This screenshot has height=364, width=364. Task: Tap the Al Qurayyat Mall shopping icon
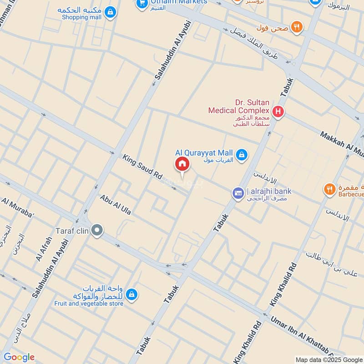click(x=243, y=155)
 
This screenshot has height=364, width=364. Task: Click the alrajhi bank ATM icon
click(x=238, y=193)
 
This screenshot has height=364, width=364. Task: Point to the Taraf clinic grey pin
click(x=96, y=230)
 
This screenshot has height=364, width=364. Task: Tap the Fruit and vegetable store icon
click(x=131, y=294)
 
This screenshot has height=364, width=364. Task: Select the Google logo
click(x=19, y=357)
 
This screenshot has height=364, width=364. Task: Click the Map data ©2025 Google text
click(x=329, y=359)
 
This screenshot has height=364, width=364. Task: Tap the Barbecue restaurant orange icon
click(x=330, y=188)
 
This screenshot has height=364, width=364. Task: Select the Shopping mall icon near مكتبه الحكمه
click(x=110, y=13)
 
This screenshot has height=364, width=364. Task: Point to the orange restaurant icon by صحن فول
click(x=297, y=27)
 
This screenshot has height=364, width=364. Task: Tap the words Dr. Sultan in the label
click(x=252, y=103)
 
